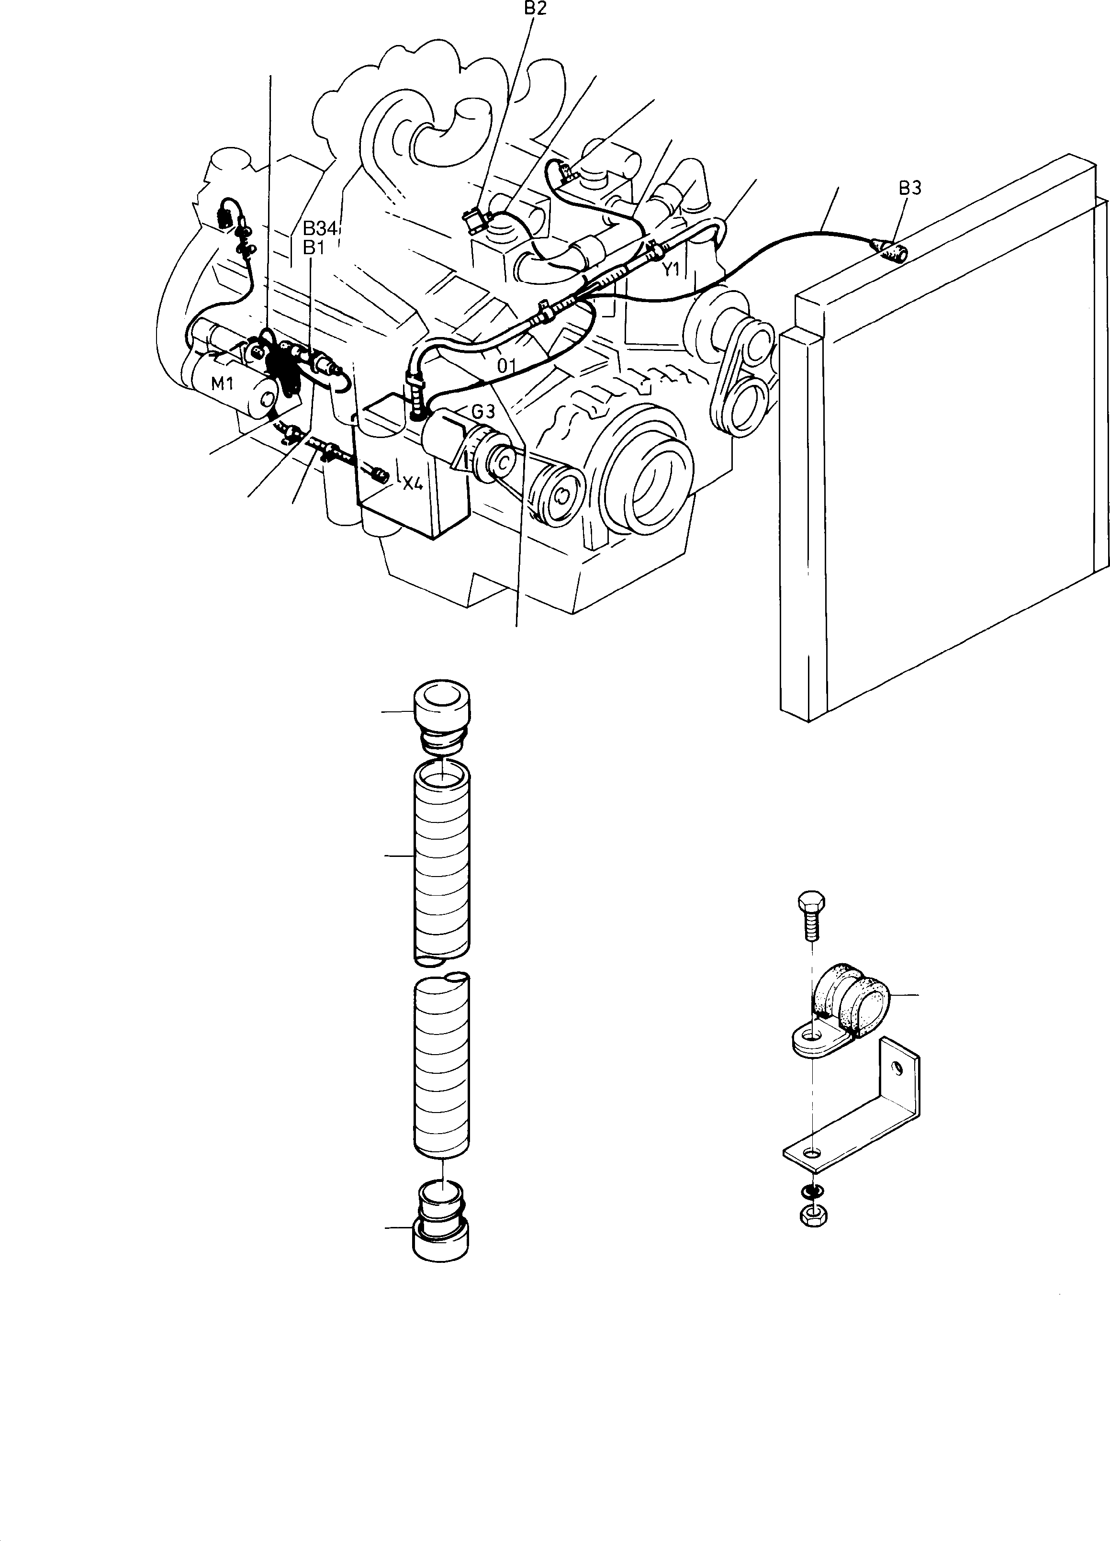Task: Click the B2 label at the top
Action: tap(535, 8)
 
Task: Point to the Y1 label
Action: tap(671, 270)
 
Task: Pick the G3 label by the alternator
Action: tap(483, 412)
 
